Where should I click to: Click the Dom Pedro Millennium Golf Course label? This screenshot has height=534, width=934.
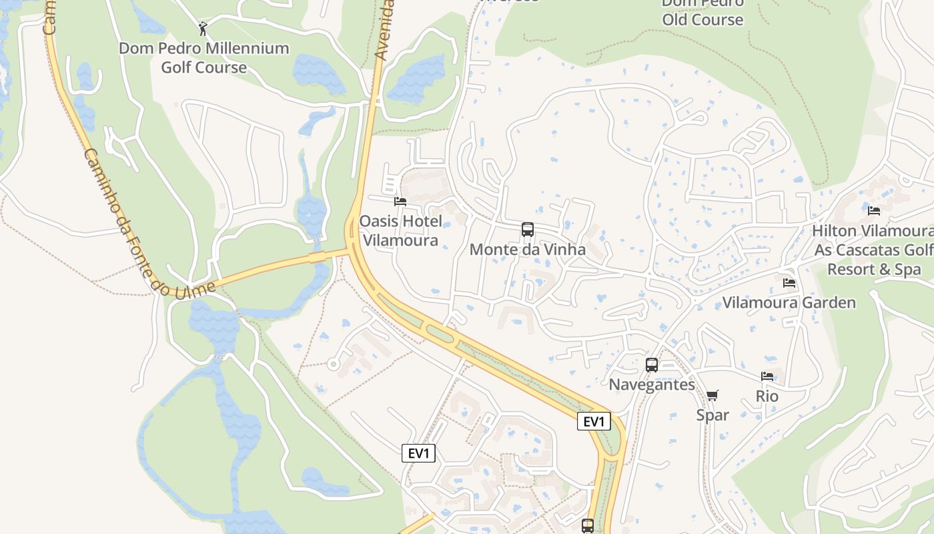click(x=203, y=57)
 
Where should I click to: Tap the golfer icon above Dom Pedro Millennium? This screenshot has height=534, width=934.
click(x=203, y=29)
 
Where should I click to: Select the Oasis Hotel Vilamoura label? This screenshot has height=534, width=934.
click(x=400, y=230)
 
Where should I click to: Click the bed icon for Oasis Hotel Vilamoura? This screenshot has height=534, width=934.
click(x=400, y=201)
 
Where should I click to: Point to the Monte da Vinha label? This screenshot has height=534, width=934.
click(x=527, y=250)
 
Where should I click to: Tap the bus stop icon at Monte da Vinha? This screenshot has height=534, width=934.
click(x=528, y=230)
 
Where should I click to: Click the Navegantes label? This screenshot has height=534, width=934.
click(x=652, y=384)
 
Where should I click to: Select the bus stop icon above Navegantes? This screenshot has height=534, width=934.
click(x=652, y=365)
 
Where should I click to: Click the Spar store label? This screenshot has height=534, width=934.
click(x=713, y=415)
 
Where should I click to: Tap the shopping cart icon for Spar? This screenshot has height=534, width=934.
click(x=713, y=395)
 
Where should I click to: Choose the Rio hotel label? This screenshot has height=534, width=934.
click(x=767, y=396)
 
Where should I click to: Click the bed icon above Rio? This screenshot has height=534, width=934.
click(x=767, y=376)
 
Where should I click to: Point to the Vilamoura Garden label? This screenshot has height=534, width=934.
click(x=789, y=303)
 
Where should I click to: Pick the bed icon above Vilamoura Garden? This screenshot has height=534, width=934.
click(x=789, y=283)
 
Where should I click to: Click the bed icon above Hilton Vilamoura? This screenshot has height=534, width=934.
click(x=874, y=211)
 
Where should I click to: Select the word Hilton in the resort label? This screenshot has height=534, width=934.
click(x=834, y=231)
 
